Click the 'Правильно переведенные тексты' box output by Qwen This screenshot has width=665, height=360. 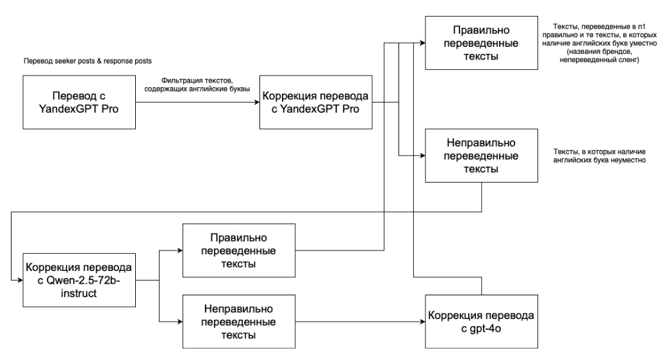point(240,250)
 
